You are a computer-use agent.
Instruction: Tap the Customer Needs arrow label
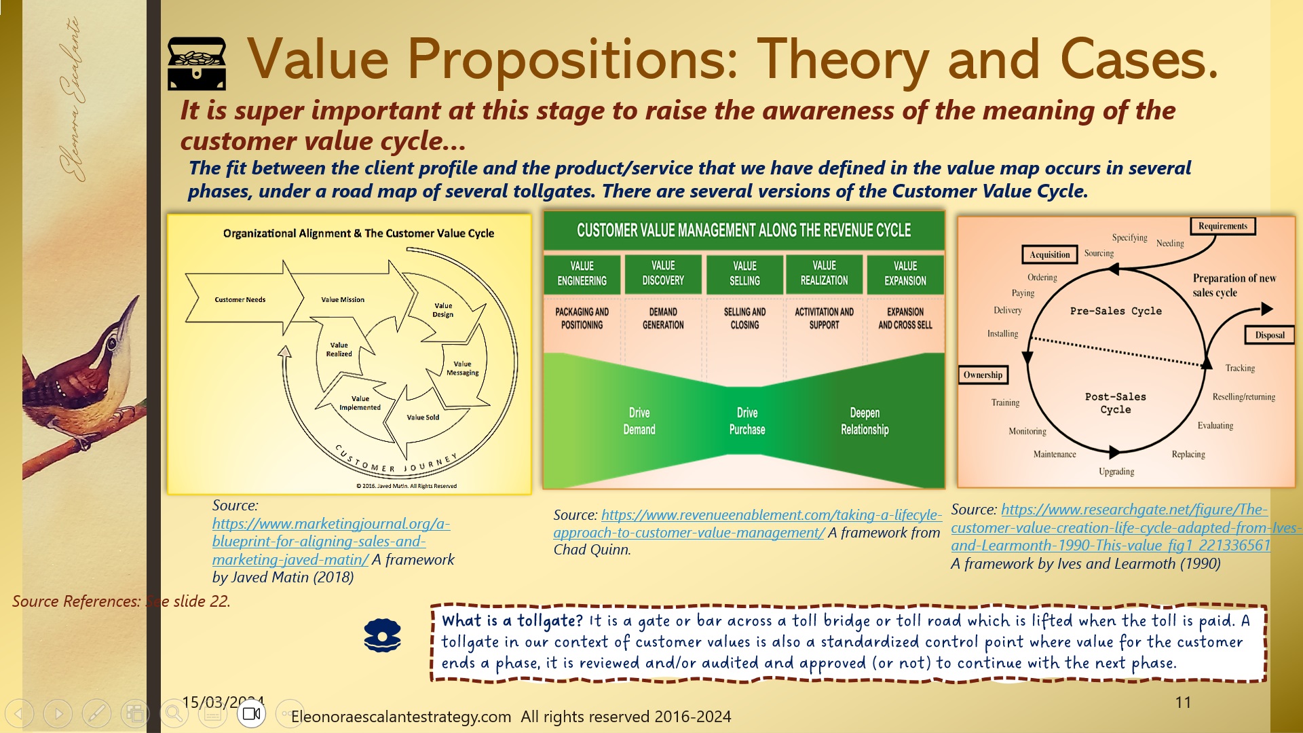point(240,299)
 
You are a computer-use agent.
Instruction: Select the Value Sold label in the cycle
point(423,417)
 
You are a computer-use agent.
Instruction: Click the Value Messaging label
point(462,368)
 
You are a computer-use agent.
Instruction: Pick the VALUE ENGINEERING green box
point(582,274)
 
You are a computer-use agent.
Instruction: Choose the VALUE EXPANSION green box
point(905,274)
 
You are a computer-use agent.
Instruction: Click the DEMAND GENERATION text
point(663,318)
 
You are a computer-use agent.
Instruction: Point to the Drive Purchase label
point(747,421)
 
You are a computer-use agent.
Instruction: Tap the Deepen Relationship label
point(864,421)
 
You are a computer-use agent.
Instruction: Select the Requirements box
point(1222,226)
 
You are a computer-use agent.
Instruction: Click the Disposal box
point(1269,335)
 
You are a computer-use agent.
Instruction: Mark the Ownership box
point(983,375)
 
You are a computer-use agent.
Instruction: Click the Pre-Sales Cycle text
point(1115,311)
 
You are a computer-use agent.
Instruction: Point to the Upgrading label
point(1116,471)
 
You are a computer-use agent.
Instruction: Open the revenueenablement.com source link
point(747,524)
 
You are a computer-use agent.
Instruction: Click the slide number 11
point(1183,702)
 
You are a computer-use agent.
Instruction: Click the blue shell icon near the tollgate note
point(382,636)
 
